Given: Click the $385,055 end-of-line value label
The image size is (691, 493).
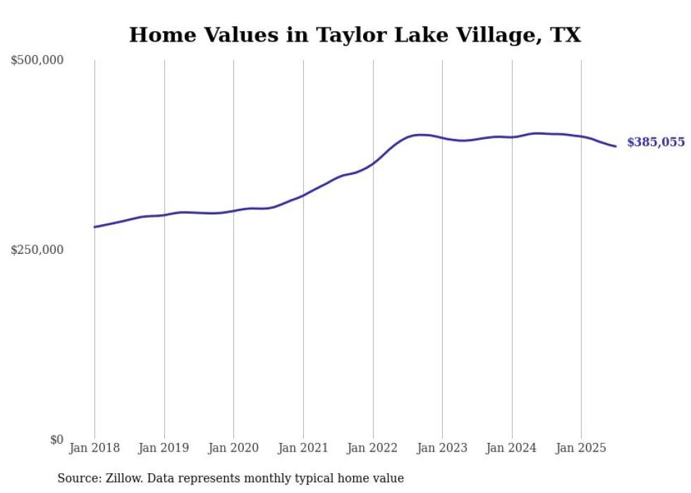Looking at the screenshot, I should click(655, 142).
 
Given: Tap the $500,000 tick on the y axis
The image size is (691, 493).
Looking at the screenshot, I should click(37, 61).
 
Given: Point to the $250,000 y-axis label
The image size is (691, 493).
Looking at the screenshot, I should click(37, 250).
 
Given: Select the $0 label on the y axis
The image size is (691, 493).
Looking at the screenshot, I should click(56, 439).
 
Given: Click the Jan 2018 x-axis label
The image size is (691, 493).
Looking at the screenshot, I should click(94, 448).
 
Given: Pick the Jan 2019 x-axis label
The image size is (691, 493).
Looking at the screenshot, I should click(164, 448).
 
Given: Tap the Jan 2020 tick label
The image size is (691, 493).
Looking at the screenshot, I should click(233, 448).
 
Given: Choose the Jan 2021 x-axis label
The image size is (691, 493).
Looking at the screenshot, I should click(303, 448).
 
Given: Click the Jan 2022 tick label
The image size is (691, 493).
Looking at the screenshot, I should click(373, 448).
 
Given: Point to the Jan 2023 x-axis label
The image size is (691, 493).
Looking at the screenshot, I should click(442, 448).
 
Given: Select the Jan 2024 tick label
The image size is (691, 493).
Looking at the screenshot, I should click(512, 448).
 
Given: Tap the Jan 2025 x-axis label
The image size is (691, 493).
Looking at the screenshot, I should click(581, 448).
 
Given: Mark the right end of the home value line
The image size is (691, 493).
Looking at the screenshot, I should click(616, 146).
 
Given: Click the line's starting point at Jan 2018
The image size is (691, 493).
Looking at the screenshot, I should click(94, 227).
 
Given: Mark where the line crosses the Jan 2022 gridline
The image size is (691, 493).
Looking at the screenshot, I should click(373, 164).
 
